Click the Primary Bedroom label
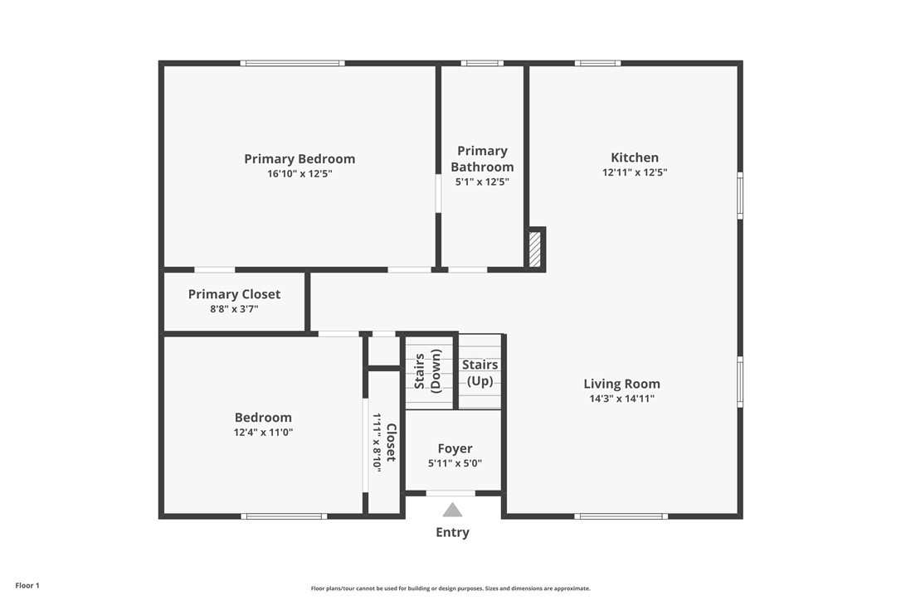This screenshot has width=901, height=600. [x=300, y=159]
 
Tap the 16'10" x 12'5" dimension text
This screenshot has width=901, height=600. [x=300, y=173]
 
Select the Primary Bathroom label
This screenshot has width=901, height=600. [x=482, y=159]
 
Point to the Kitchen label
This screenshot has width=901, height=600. [x=635, y=157]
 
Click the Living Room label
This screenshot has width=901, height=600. [x=621, y=384]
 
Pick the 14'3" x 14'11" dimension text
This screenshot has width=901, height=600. [x=621, y=399]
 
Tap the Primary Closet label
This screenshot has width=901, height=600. [x=235, y=294]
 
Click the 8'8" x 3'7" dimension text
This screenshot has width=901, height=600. [x=234, y=309]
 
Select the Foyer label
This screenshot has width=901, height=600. [x=455, y=449]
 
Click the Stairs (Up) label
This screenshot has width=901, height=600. [x=480, y=373]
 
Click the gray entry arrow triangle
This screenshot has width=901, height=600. [x=452, y=510]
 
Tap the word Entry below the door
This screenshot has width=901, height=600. [x=452, y=532]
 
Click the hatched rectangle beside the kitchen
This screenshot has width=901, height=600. [x=535, y=249]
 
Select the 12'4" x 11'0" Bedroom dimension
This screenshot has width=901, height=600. [x=263, y=433]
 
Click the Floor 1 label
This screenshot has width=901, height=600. [x=27, y=586]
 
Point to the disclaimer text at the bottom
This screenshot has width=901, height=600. [x=450, y=588]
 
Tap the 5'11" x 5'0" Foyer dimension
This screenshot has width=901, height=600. [x=455, y=463]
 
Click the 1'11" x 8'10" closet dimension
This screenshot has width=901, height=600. [x=377, y=442]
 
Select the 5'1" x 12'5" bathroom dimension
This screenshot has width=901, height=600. [x=482, y=182]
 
